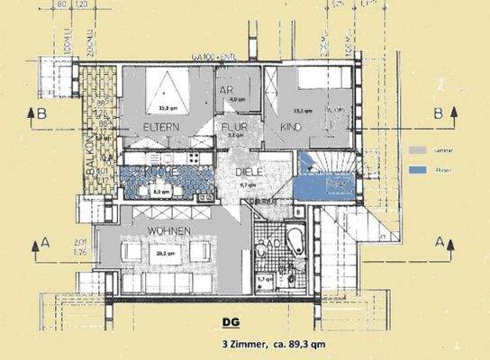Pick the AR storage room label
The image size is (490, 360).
click(x=229, y=89)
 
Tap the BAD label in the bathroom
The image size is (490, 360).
click(x=266, y=244)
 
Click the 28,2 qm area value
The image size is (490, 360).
click(x=163, y=255)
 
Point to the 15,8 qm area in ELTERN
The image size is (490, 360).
click(x=165, y=108)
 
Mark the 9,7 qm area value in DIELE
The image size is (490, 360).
click(x=245, y=185)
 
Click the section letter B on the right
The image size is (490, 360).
click(x=438, y=114)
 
